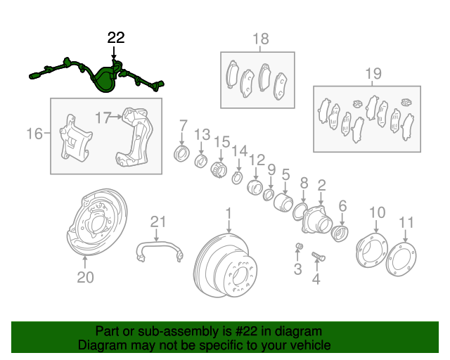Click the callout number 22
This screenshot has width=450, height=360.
point(116,38)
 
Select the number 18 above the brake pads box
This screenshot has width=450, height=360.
point(261,39)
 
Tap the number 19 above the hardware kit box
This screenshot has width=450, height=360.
point(373,73)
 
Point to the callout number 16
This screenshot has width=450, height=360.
point(34,132)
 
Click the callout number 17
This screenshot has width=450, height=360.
point(104,117)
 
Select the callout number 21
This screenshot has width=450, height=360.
point(159,222)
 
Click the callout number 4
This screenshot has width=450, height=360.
point(316,280)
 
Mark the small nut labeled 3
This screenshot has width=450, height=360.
point(298,245)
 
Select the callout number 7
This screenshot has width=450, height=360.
point(183,126)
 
